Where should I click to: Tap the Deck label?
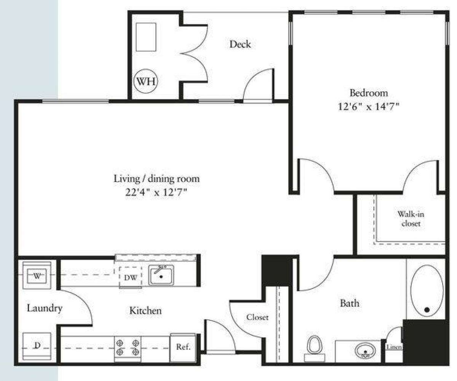[x=240, y=44]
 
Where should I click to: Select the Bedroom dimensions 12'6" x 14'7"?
[x=369, y=107]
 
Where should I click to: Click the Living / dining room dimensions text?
[x=157, y=193]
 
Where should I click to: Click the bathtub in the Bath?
[x=427, y=290]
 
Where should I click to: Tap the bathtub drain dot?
[x=427, y=310]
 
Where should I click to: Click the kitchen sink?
[x=161, y=275]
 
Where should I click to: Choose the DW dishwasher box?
[x=130, y=277]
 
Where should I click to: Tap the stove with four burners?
[x=128, y=348]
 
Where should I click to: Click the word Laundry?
[x=44, y=308]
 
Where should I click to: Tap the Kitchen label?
[x=145, y=311]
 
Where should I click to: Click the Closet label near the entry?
[x=257, y=317]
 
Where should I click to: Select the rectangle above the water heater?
[x=146, y=37]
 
